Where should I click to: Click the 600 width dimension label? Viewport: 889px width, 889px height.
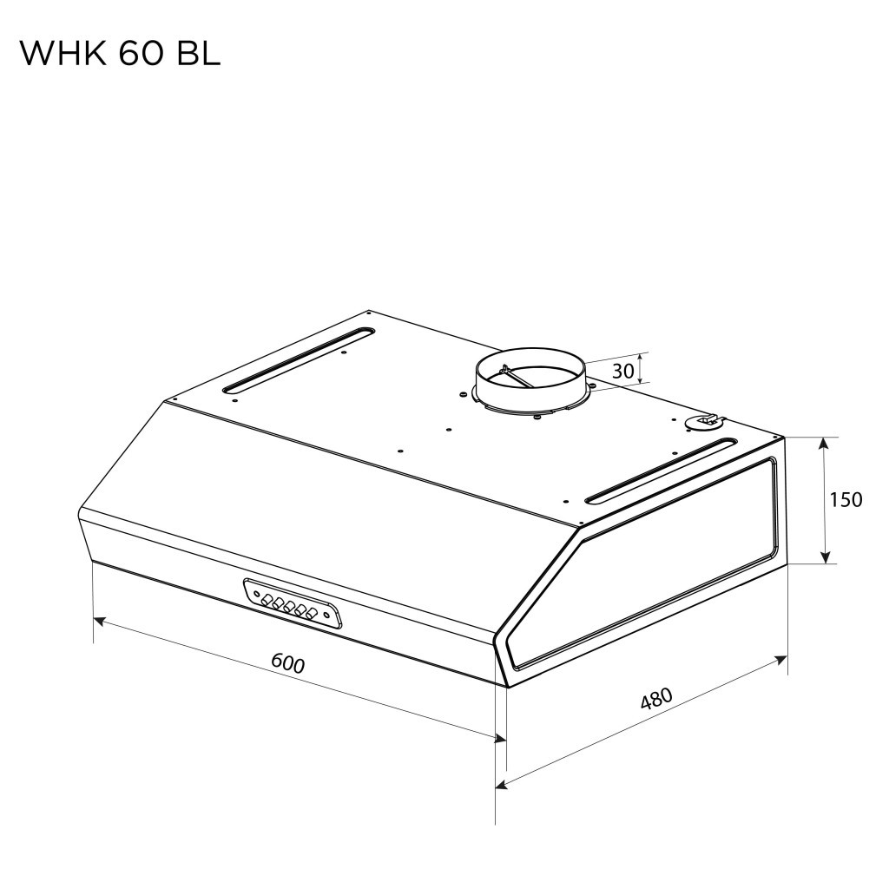287,662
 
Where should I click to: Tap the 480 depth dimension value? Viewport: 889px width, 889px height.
656,699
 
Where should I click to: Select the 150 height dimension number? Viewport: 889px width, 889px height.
846,500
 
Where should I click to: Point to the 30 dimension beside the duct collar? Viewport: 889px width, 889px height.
622,372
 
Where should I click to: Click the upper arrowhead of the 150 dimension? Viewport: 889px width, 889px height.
825,444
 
